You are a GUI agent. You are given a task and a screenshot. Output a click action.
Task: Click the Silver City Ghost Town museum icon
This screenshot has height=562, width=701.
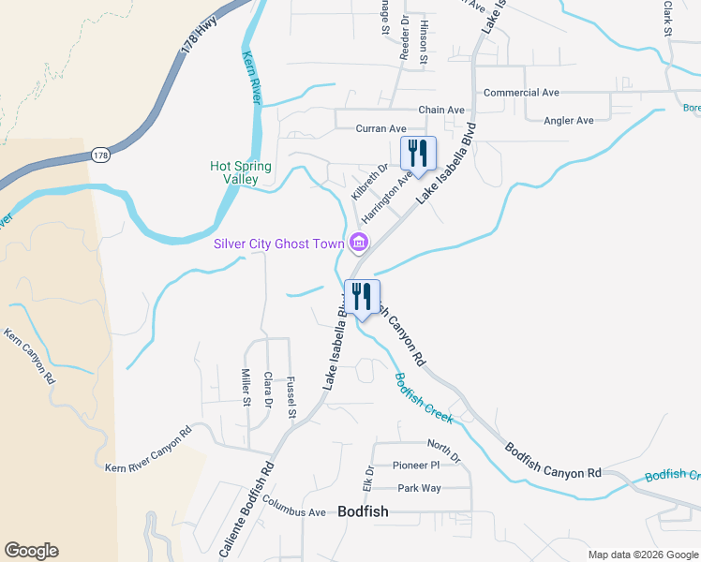[357, 244]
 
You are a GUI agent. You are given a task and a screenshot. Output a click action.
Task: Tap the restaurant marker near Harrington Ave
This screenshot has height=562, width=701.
[419, 153]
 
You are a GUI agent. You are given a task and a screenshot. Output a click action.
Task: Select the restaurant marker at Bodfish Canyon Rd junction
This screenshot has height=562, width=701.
[362, 296]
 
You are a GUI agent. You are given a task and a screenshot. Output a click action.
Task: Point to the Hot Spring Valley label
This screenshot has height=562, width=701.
[241, 172]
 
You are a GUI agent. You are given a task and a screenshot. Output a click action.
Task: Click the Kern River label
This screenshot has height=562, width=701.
[251, 78]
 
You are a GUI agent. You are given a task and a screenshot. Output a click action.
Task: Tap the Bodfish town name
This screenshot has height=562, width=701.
[363, 511]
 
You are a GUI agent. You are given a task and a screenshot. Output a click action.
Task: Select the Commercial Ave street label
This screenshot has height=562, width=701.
[521, 93]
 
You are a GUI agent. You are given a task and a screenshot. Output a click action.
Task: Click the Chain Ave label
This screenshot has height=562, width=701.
[441, 110]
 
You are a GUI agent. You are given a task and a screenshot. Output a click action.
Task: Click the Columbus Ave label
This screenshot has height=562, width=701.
[294, 512]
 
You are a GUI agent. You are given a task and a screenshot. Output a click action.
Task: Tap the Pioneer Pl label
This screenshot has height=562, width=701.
[416, 465]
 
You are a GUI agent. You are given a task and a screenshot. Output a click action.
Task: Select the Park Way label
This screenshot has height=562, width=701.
[419, 488]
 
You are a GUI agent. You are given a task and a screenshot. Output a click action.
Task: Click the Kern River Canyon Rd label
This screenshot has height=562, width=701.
[148, 450]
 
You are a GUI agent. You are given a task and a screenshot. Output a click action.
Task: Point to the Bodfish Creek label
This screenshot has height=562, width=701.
[424, 396]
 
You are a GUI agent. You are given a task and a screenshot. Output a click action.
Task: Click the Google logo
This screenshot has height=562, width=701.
[31, 551]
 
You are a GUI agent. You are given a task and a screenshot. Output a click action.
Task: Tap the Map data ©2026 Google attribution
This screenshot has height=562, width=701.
[642, 554]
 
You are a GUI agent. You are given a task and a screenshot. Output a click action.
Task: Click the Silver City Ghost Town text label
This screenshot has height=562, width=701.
[279, 244]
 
